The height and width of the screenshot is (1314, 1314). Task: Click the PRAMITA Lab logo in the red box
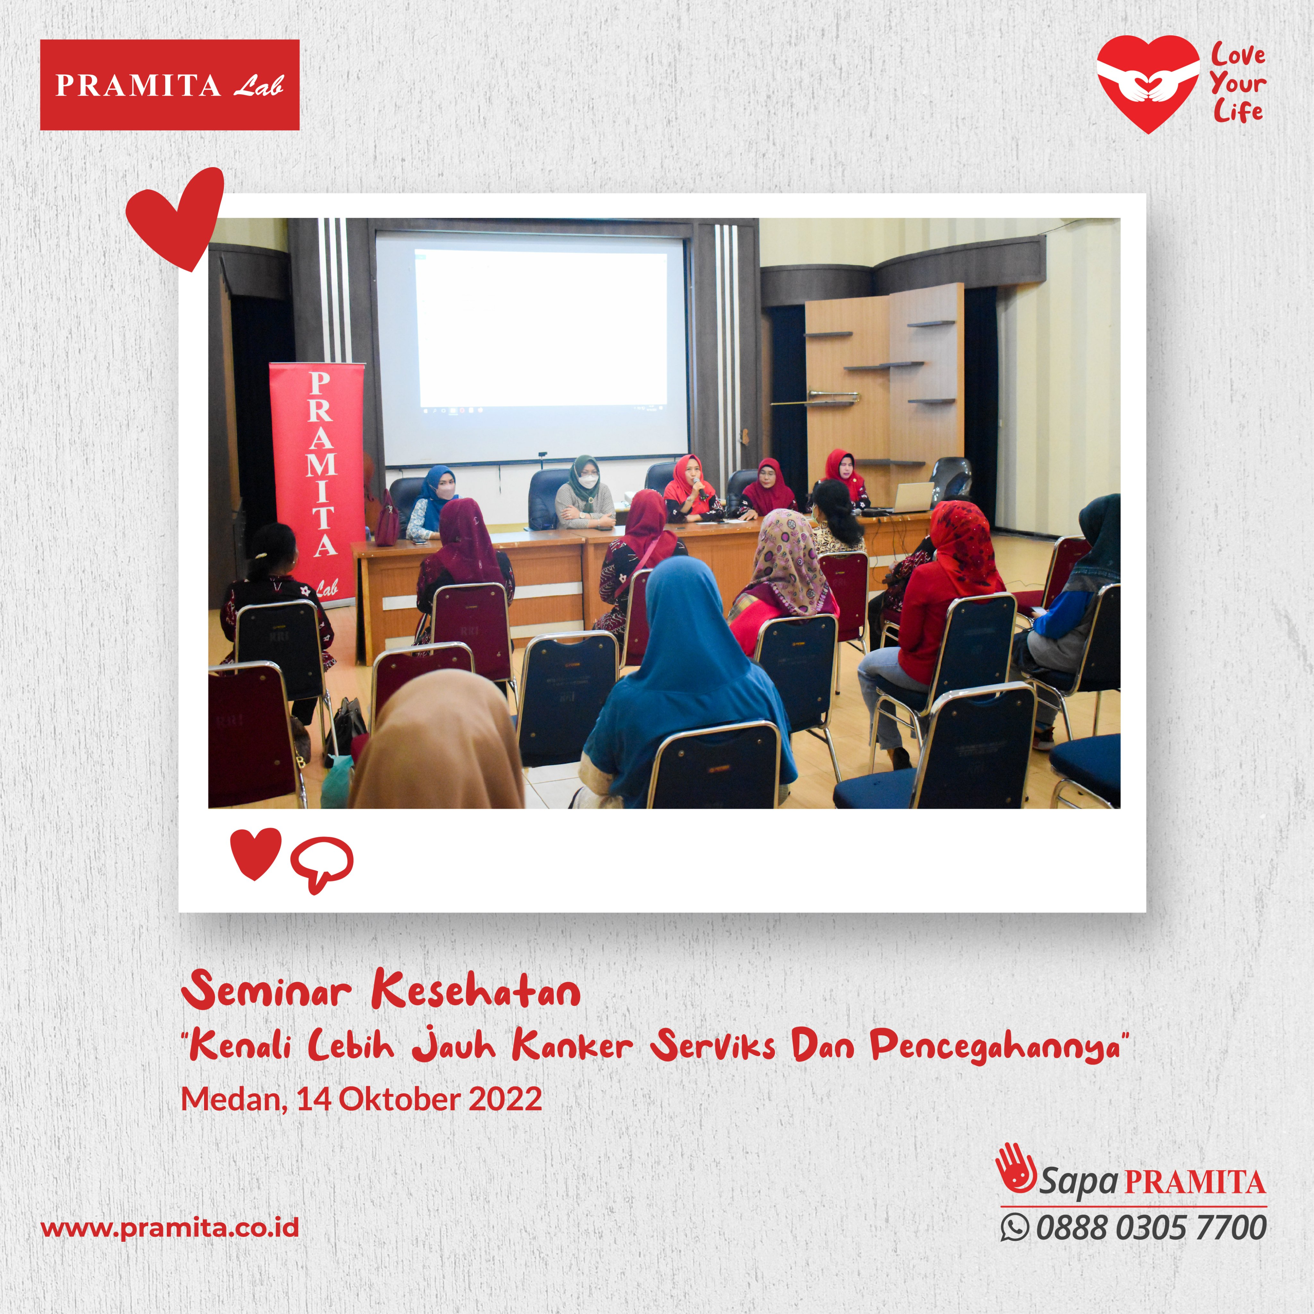(x=169, y=85)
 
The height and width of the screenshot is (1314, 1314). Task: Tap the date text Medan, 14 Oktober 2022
(x=361, y=1098)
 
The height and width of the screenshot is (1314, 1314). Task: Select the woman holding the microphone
(x=690, y=490)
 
